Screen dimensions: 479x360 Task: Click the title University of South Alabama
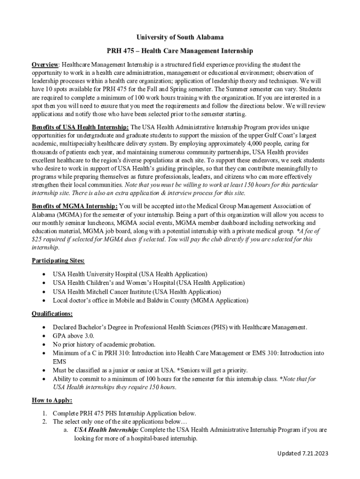(x=180, y=37)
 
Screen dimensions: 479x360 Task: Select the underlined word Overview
(x=45, y=64)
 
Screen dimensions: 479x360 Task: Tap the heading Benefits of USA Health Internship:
(x=80, y=127)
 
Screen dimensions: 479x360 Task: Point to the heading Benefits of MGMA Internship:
(x=75, y=206)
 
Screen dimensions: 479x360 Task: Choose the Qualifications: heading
(x=52, y=313)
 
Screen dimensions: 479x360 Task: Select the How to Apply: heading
(x=52, y=400)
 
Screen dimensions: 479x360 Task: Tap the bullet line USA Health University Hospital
(x=130, y=274)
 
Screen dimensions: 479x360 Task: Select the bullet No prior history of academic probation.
(x=104, y=344)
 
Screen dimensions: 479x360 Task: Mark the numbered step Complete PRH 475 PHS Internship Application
(x=124, y=414)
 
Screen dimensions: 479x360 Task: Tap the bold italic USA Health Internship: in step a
(x=106, y=429)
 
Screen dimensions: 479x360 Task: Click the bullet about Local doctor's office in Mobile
(x=150, y=300)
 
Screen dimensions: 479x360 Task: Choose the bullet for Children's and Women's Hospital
(x=148, y=283)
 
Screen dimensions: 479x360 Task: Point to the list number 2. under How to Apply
(x=43, y=421)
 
